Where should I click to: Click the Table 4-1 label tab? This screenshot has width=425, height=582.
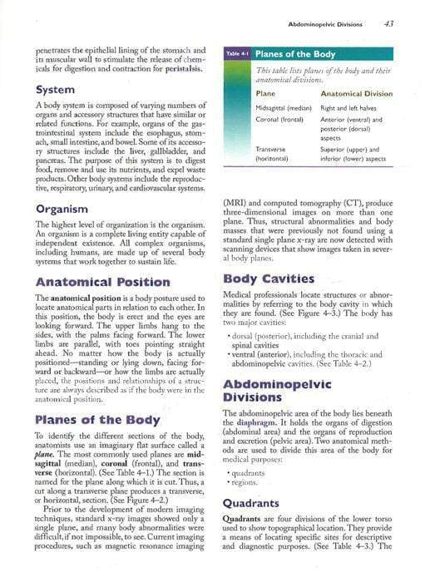(x=237, y=55)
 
